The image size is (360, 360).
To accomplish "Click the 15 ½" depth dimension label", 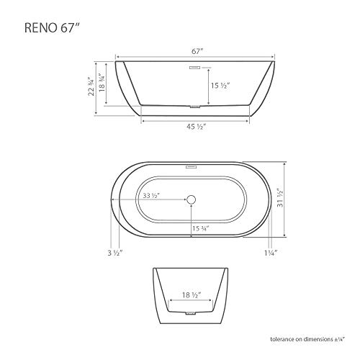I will [x=220, y=85].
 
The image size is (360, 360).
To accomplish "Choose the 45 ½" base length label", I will [x=191, y=127].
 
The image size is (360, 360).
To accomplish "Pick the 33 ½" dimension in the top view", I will [x=151, y=196].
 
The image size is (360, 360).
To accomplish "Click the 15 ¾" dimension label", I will [x=201, y=230].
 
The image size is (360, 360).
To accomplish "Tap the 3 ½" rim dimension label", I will [x=114, y=253].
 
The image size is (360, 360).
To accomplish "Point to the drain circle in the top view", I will [x=191, y=199].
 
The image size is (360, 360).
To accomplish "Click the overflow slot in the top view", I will [x=191, y=167].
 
